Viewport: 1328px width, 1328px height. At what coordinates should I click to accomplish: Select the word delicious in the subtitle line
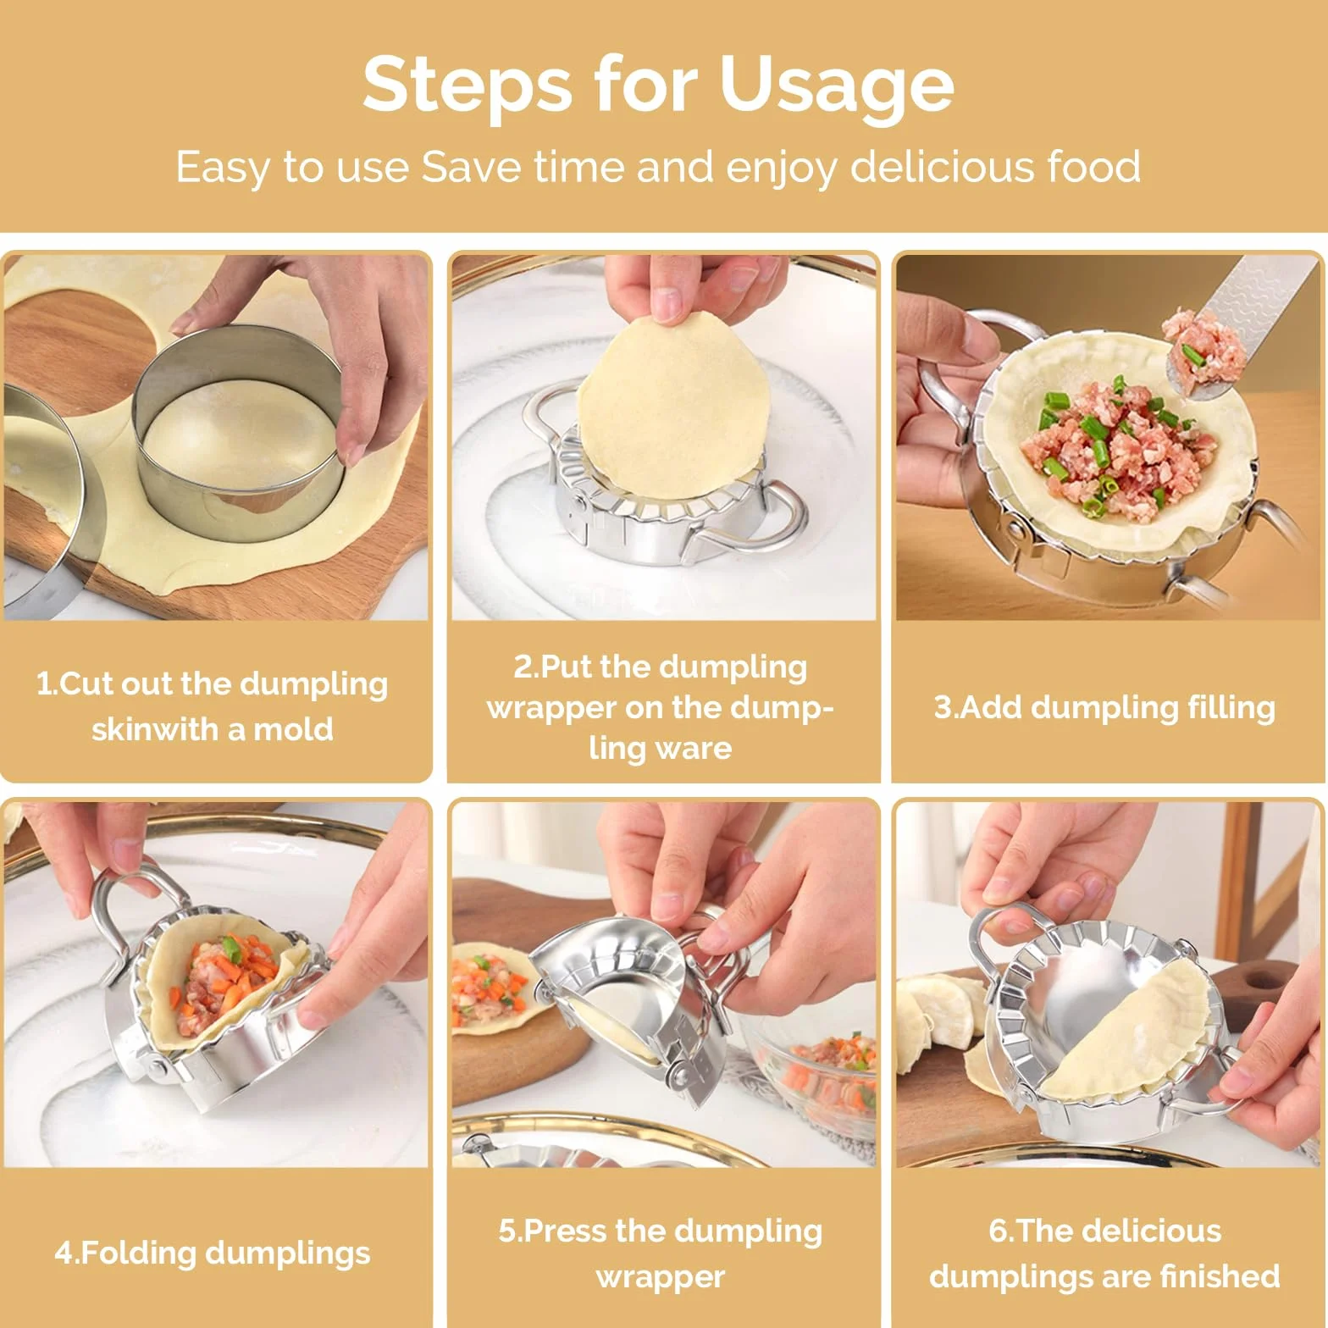[942, 166]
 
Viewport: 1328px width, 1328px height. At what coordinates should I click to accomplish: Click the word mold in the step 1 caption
[293, 729]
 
